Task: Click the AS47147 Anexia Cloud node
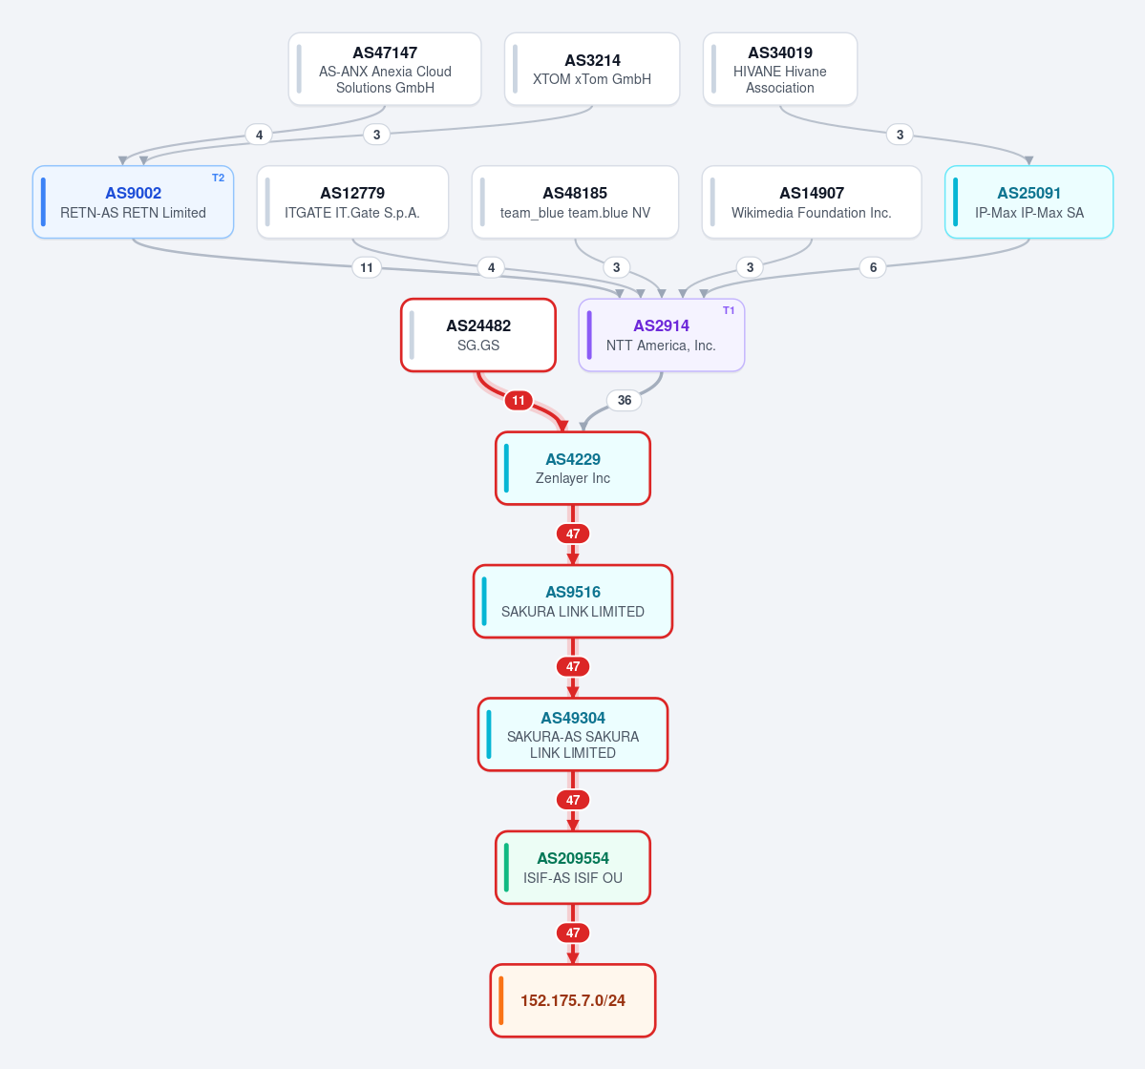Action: coord(385,70)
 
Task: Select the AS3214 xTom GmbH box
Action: coord(592,70)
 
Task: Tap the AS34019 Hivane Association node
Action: coord(780,70)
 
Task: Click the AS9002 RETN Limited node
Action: coord(133,202)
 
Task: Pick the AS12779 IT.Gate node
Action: coord(352,202)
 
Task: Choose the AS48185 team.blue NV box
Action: coord(576,202)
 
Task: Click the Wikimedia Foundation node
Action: coord(812,202)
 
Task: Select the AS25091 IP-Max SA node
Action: coord(1028,202)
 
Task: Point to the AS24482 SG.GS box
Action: coord(478,335)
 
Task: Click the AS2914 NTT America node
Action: coord(662,335)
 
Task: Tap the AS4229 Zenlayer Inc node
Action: coord(573,469)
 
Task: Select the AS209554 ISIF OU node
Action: coord(573,868)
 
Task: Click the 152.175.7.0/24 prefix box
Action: coord(573,1000)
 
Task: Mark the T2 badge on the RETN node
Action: coord(219,178)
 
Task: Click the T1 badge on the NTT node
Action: coord(729,311)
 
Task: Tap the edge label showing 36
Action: coord(625,400)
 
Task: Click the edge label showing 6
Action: coord(873,267)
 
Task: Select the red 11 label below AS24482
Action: coord(519,400)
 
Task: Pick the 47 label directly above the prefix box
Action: coord(573,933)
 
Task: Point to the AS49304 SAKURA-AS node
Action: coord(573,735)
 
